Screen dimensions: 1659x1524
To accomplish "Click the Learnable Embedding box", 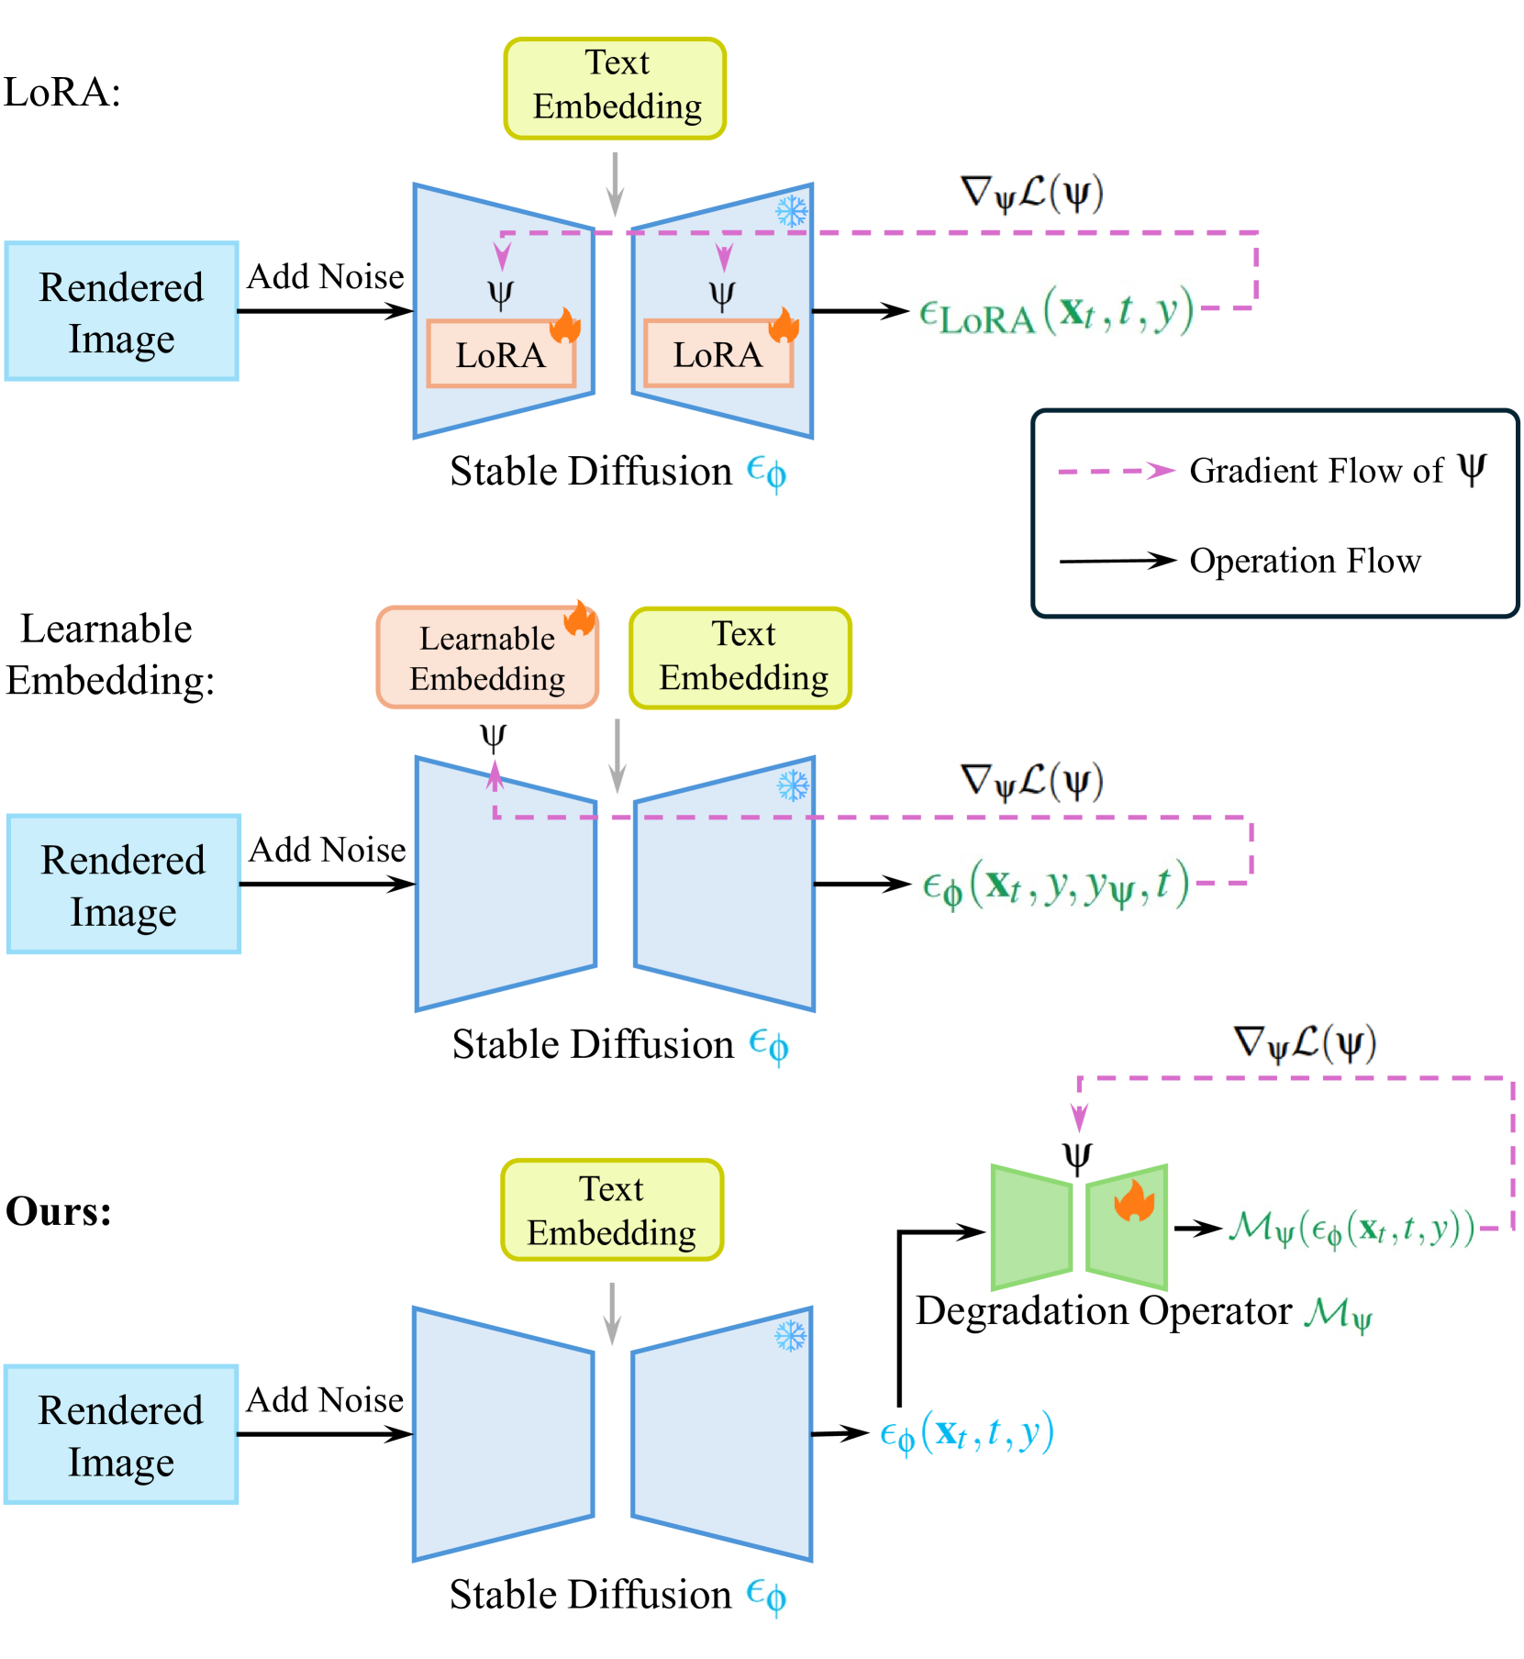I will tap(486, 658).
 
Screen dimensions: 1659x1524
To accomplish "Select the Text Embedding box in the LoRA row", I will tap(615, 88).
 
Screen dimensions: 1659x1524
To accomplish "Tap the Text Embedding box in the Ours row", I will tap(612, 1209).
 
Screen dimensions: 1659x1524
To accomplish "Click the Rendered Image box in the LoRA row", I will tap(122, 312).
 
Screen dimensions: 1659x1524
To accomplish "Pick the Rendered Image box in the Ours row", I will tap(122, 1434).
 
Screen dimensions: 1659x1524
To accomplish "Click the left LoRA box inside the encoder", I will tap(501, 354).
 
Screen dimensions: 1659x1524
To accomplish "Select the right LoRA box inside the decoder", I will tap(718, 354).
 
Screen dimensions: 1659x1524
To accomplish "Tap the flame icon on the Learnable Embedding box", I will tap(580, 618).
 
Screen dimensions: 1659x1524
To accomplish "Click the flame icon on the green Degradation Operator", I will tap(1134, 1201).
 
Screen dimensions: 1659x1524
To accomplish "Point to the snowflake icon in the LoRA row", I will tap(792, 211).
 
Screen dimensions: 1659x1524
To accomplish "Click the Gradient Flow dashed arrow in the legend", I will tap(1116, 471).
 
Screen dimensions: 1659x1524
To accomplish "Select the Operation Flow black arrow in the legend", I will tap(1117, 561).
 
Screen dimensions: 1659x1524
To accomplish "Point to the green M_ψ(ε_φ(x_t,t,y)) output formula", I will tap(1352, 1229).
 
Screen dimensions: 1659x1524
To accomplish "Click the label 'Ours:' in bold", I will tap(59, 1211).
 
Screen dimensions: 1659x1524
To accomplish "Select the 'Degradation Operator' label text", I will tap(1104, 1311).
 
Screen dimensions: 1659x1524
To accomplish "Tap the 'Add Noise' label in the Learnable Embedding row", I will tap(328, 850).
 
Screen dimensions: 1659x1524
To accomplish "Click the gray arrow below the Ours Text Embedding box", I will tap(612, 1313).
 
